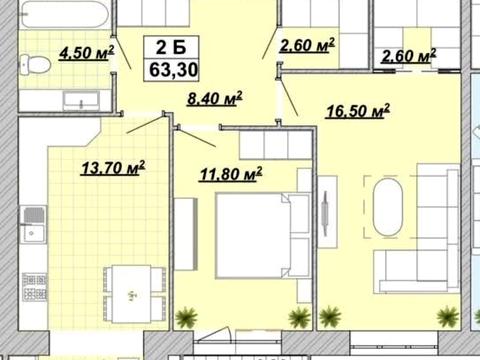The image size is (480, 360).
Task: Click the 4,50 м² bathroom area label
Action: pos(87,53)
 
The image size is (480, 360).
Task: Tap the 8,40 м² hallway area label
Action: pos(215,98)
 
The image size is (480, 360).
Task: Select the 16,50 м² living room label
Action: pos(358,111)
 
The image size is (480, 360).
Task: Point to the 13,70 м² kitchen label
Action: pos(113,168)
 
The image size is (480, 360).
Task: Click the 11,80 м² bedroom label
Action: pos(231,174)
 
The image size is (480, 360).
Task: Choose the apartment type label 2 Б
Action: pos(171,47)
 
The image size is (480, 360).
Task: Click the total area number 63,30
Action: pos(173,70)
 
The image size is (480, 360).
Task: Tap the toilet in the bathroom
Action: pos(35,65)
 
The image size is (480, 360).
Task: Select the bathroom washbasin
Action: pos(81,101)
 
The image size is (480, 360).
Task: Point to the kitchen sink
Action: pos(33,224)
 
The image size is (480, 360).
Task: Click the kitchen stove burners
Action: pos(34,286)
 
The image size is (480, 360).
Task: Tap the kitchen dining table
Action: pos(131,294)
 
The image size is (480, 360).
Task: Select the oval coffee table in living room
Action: pos(388,207)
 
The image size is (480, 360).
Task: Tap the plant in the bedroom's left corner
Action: pos(186,317)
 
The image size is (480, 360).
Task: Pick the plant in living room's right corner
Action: pos(448,317)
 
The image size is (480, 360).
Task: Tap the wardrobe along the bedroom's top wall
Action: pos(275,145)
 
